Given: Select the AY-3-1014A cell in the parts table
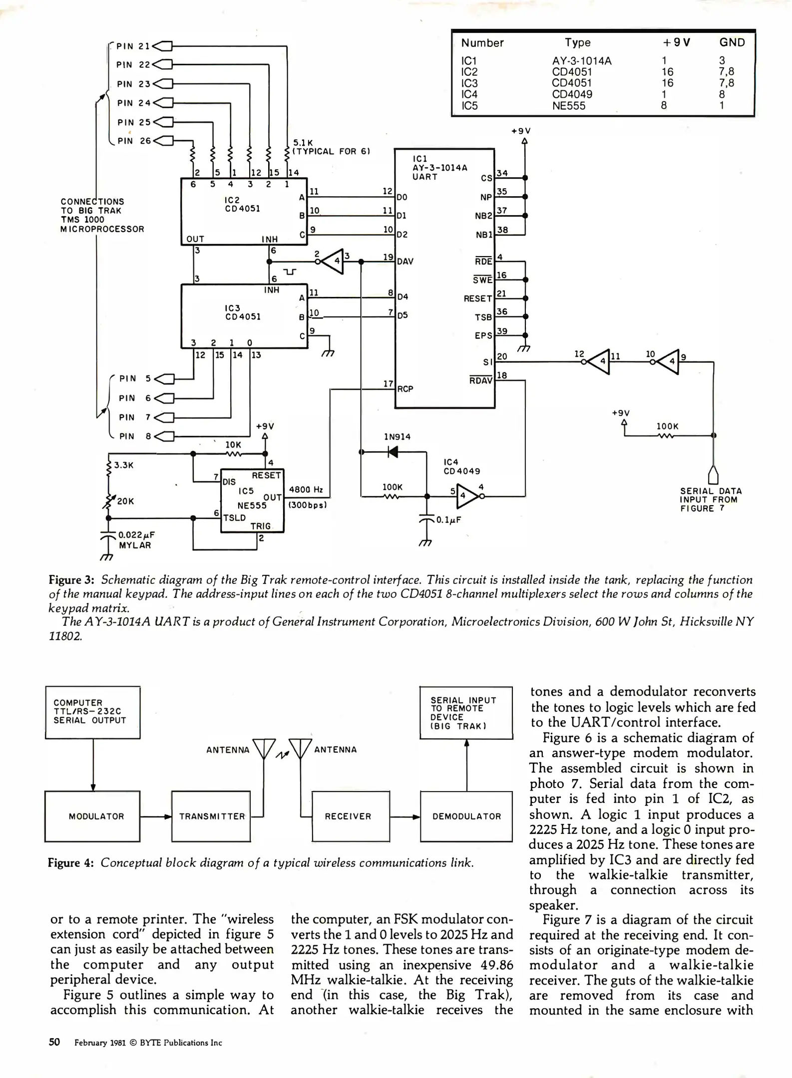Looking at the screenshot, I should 581,61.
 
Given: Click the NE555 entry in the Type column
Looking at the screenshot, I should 568,106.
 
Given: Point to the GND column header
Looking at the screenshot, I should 732,42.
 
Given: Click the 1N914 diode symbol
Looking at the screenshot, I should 393,452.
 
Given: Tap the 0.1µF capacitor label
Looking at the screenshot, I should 448,520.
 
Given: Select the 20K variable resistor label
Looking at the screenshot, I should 125,501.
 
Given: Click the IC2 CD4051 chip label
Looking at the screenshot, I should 242,204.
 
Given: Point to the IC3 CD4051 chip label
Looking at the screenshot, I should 242,312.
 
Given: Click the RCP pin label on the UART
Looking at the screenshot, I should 405,389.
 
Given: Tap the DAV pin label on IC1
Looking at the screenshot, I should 405,261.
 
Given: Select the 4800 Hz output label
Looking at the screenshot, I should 307,490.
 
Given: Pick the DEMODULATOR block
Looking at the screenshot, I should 466,816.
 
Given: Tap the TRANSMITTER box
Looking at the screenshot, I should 211,816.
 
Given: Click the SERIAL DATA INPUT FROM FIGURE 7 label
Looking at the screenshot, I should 710,500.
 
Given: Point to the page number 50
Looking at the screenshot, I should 54,1042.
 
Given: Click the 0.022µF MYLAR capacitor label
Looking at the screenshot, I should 136,540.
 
